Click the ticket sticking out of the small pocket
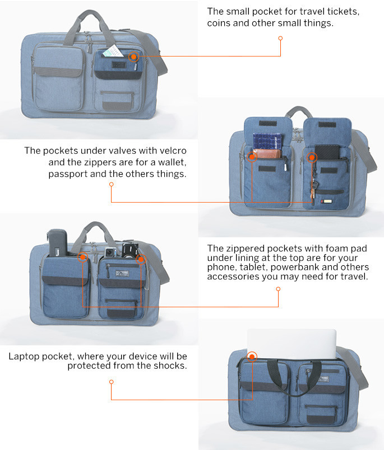click(x=113, y=51)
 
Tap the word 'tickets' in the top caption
click(x=343, y=12)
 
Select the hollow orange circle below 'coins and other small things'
click(x=280, y=38)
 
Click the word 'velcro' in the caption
click(x=173, y=151)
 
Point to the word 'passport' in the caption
click(x=67, y=174)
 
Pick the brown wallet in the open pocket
click(x=267, y=153)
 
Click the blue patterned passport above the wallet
click(x=267, y=141)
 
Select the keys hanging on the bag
click(x=313, y=189)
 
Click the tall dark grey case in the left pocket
click(x=58, y=243)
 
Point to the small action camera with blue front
click(x=110, y=252)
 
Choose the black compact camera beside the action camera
click(x=130, y=251)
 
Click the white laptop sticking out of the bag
click(x=292, y=344)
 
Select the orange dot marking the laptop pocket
click(x=252, y=357)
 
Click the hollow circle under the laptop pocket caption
click(x=112, y=382)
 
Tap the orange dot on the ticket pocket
click(x=133, y=57)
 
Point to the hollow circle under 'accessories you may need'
click(x=278, y=289)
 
